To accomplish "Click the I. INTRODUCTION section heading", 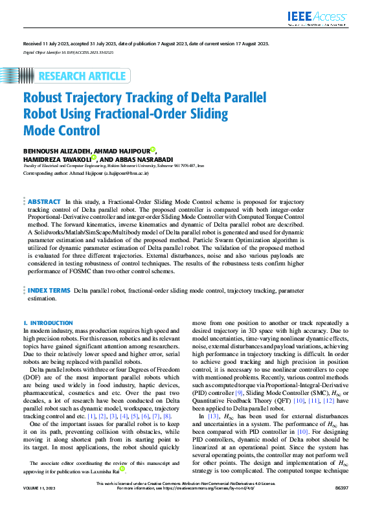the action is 48,322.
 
